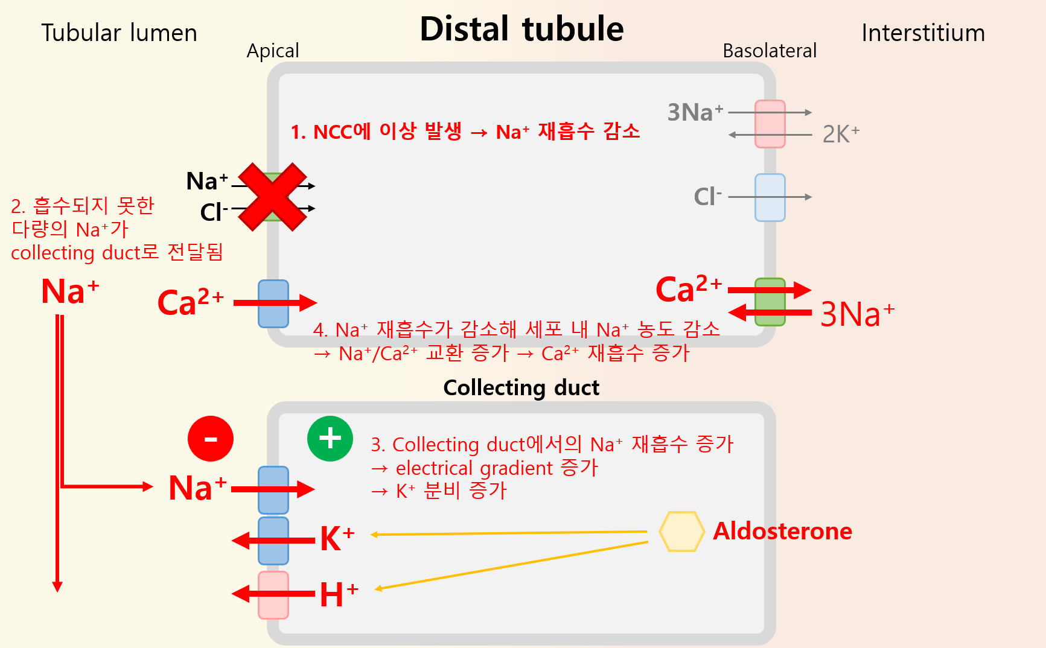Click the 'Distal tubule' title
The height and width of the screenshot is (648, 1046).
pos(521,29)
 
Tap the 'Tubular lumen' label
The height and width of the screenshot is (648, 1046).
pos(119,33)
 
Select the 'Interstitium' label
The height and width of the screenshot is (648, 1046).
pos(923,33)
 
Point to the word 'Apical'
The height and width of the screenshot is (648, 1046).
pos(273,51)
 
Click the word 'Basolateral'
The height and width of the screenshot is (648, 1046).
pos(770,51)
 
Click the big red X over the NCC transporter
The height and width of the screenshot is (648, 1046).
pos(273,197)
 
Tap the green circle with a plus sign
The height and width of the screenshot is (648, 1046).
pos(330,439)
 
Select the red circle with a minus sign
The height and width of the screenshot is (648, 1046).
pos(211,439)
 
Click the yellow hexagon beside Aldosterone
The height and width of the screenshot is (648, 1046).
pos(681,532)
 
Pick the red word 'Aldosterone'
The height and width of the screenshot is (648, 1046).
pos(782,532)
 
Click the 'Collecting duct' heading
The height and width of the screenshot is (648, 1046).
pos(521,388)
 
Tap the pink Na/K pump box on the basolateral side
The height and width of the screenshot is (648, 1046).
pos(770,124)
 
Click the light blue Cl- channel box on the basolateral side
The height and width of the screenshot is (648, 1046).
pos(770,197)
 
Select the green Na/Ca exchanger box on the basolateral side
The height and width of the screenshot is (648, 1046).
pos(770,302)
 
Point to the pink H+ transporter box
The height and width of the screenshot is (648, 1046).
pos(273,595)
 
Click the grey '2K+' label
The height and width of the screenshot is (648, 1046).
pos(841,134)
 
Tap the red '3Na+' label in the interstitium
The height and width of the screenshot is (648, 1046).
pos(857,314)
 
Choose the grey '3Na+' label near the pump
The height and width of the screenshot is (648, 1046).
pos(695,113)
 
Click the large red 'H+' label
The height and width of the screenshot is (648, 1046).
pos(339,595)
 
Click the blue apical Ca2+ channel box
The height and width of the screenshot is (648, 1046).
pos(273,303)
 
